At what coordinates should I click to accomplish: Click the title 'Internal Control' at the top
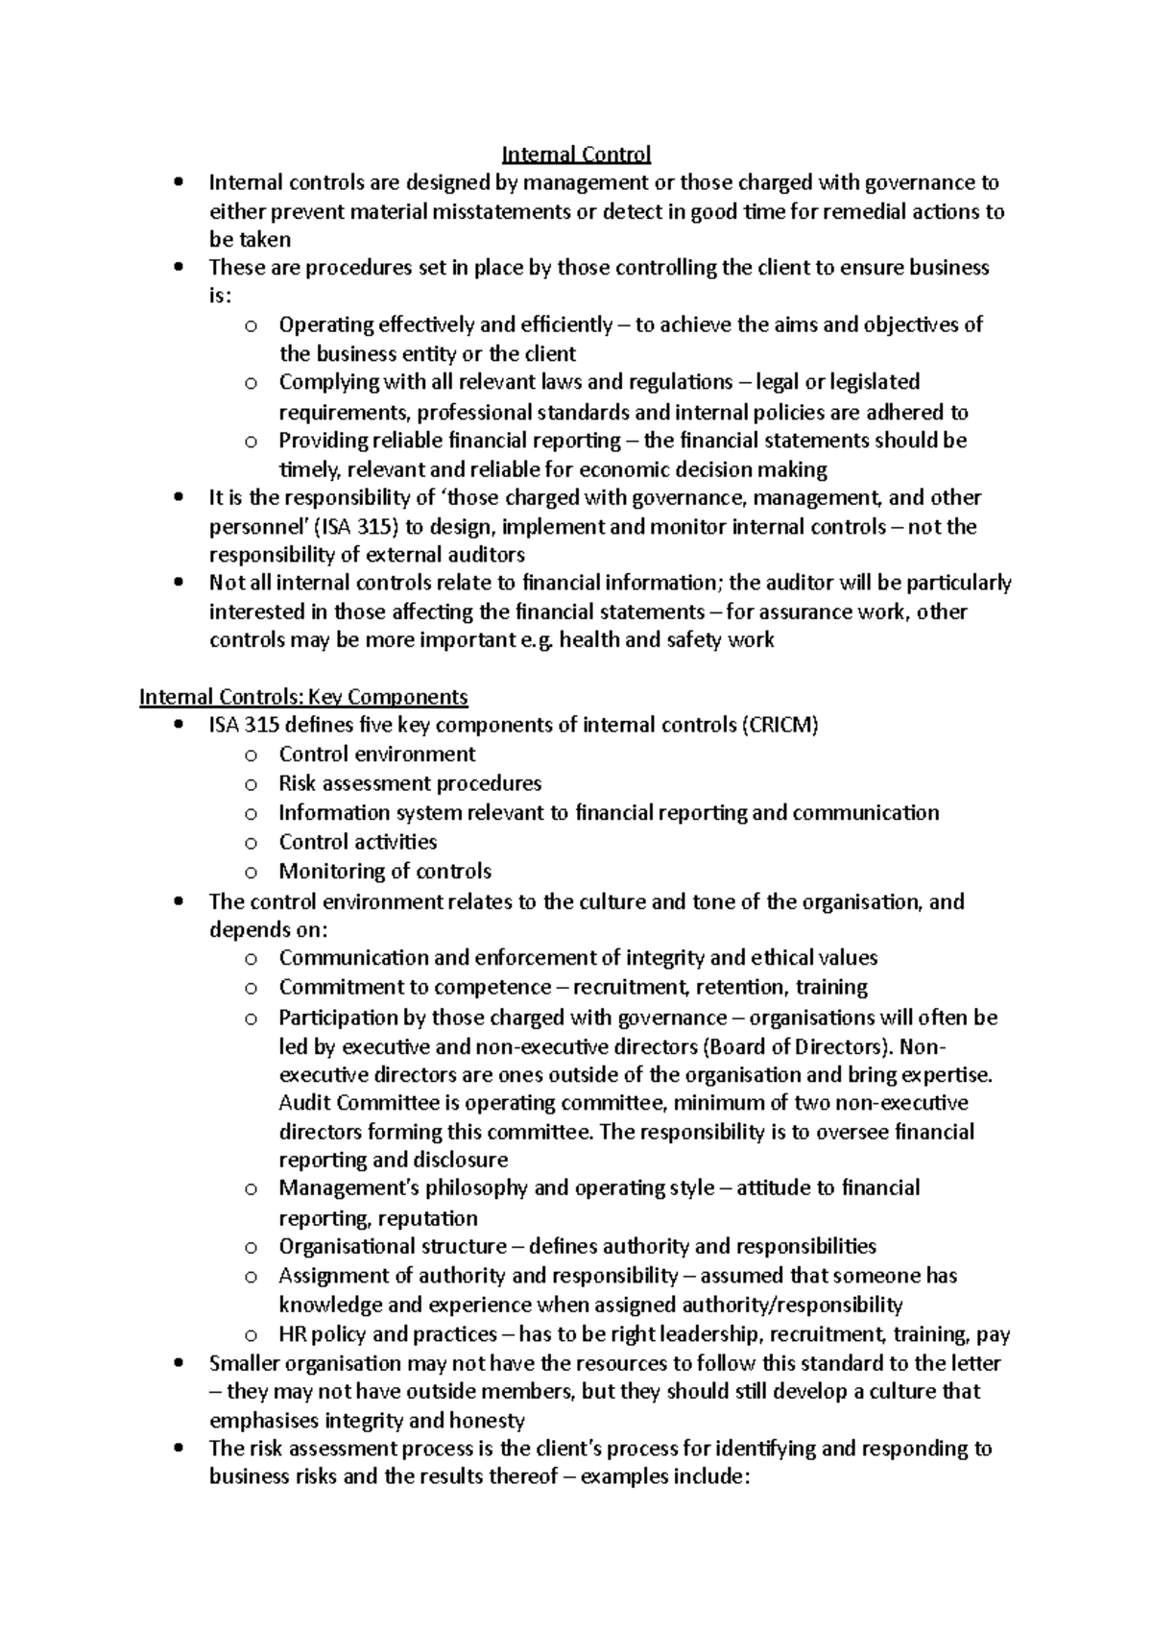click(576, 154)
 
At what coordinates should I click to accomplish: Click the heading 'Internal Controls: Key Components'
click(303, 697)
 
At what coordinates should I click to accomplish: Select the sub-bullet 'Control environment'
click(377, 755)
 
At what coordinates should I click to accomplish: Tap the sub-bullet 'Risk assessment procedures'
click(410, 783)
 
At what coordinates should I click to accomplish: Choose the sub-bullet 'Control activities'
click(357, 842)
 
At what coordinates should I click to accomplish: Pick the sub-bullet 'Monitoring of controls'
click(385, 872)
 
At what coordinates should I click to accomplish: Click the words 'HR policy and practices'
click(388, 1334)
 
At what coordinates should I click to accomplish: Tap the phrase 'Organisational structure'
click(393, 1247)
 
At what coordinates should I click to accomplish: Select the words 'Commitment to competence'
click(415, 987)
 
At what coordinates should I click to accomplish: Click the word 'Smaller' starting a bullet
click(244, 1364)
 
